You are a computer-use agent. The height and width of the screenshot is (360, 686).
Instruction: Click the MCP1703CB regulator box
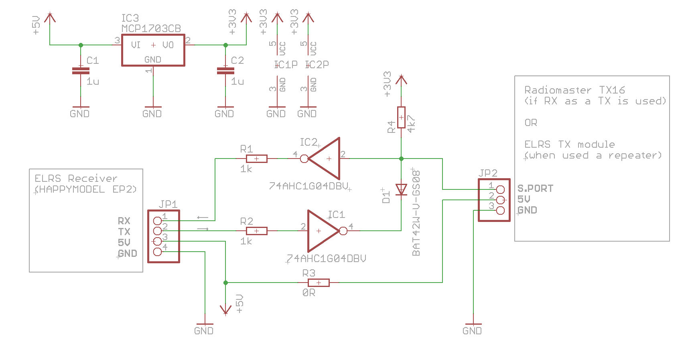pos(153,50)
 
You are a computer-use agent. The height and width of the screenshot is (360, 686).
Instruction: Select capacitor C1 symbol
pos(81,71)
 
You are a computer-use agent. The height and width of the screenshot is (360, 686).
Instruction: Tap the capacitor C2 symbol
pos(225,71)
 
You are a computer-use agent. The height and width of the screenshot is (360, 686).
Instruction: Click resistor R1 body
pos(256,159)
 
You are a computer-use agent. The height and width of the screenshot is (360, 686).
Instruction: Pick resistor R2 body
pos(256,231)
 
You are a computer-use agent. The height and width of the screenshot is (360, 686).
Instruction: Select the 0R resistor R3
pos(319,283)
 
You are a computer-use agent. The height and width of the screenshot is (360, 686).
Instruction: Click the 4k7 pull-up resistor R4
pos(401,117)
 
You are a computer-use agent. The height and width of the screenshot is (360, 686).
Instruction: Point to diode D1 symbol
pos(401,189)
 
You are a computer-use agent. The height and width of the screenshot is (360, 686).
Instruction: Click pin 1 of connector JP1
pos(158,220)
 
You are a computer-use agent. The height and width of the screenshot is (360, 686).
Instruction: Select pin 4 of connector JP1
pos(158,252)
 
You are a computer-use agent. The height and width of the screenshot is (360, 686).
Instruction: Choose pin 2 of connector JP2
pos(500,199)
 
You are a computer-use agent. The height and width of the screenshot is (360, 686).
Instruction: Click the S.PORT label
pos(535,188)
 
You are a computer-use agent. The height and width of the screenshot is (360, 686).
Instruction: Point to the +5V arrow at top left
pos(50,18)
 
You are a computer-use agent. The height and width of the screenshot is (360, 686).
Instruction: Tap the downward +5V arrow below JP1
pos(226,310)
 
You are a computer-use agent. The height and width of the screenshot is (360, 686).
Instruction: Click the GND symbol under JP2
pos(473,324)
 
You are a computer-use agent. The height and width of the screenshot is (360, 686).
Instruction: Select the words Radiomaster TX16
pos(574,90)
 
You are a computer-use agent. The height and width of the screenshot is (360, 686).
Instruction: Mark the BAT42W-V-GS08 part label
pos(416,213)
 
